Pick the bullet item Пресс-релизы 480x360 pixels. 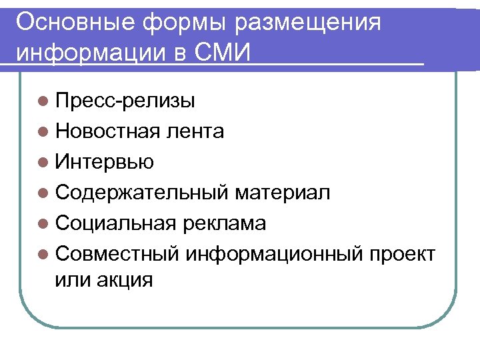125,101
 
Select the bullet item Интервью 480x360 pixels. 105,161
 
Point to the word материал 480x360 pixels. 282,193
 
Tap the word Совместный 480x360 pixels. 119,254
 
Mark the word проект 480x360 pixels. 403,254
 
